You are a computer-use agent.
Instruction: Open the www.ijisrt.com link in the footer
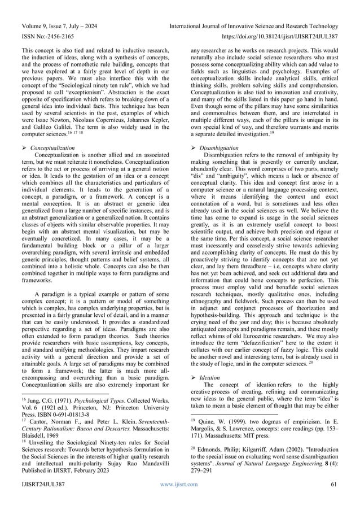coord(179,500)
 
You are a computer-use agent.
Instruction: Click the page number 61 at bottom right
coord(337,500)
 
